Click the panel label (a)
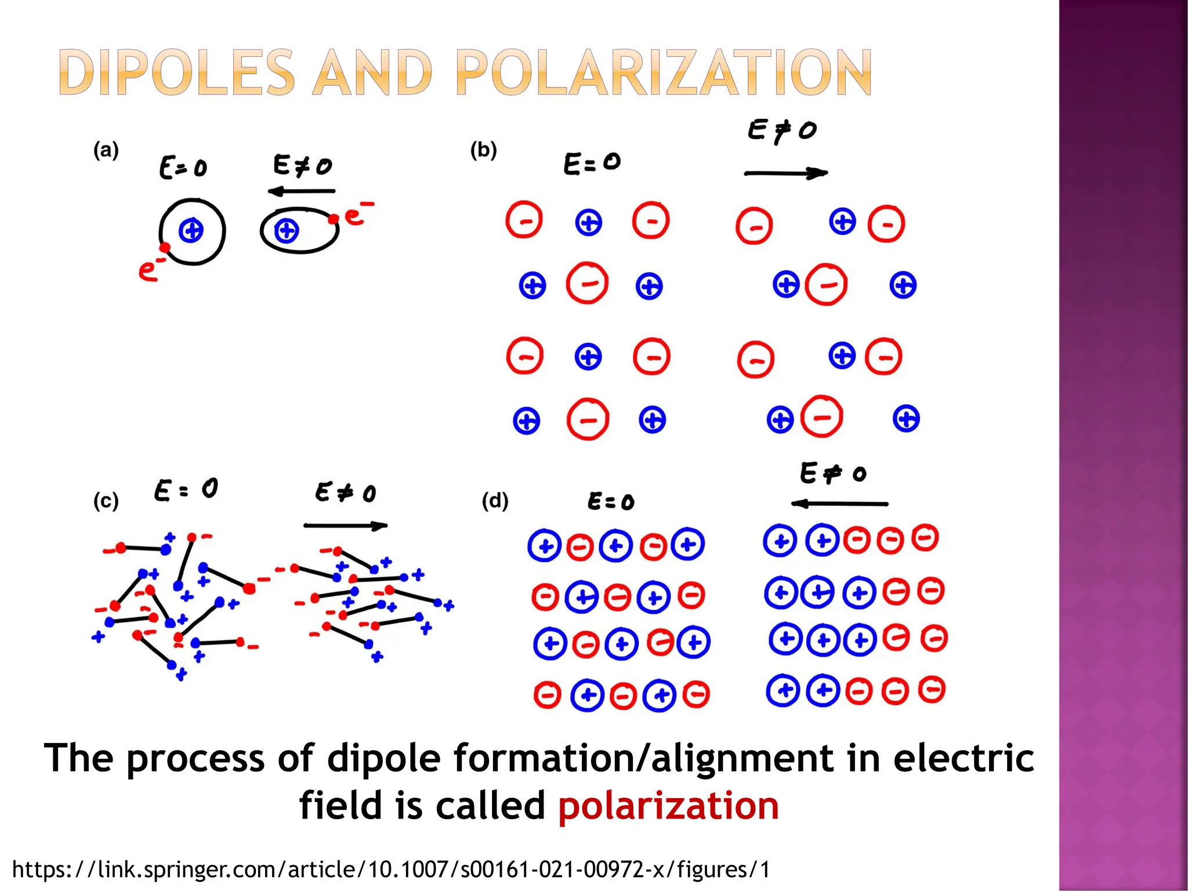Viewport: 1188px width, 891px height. (x=106, y=150)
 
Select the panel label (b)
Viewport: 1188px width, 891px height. (x=483, y=150)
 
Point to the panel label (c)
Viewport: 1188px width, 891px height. (x=106, y=500)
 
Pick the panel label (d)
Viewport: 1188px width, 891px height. (x=495, y=500)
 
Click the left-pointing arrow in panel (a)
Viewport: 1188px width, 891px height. (x=301, y=191)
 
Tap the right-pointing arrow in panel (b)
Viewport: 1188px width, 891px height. (x=785, y=173)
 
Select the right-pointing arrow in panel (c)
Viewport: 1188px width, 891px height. (x=345, y=526)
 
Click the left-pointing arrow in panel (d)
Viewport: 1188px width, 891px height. (x=839, y=504)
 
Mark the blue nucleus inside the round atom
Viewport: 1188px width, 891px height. (x=191, y=231)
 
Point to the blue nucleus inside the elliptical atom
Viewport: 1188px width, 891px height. (x=286, y=230)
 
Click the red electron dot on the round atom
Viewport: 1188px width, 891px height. (x=165, y=248)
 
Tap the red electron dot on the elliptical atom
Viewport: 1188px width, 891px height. (x=334, y=219)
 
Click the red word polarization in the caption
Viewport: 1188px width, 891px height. (x=668, y=806)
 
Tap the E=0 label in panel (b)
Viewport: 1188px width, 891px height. (x=592, y=163)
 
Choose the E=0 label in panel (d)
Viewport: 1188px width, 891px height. (x=611, y=501)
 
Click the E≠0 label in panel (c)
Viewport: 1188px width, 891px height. (x=346, y=493)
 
